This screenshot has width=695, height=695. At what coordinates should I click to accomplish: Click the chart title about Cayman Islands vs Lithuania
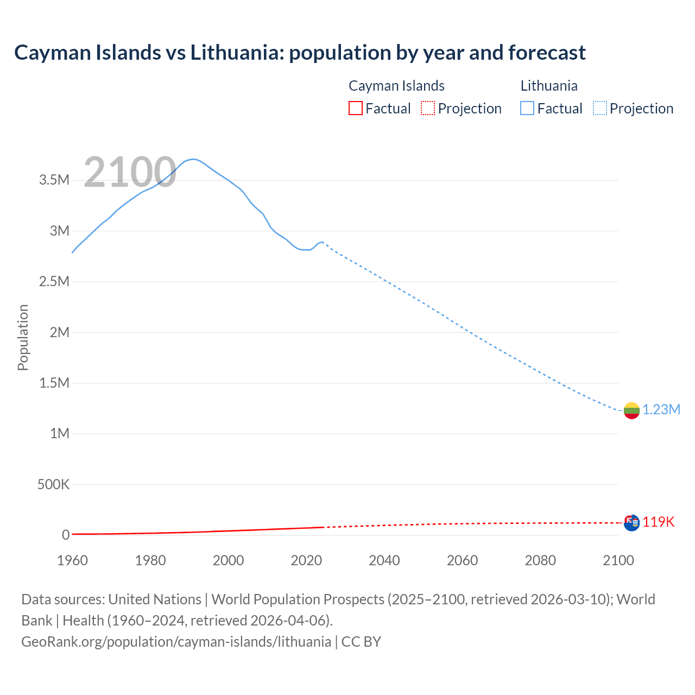pos(300,53)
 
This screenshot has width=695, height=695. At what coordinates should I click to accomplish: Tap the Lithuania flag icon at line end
pos(631,410)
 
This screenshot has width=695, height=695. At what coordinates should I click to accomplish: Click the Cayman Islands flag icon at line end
pos(631,523)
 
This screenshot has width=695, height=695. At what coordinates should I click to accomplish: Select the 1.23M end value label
pos(661,410)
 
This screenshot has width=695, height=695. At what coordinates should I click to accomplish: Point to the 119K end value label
pos(659,522)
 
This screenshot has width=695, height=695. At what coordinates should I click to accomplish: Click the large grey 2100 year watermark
pos(130,173)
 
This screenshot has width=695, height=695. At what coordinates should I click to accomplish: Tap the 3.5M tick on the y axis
pos(54,180)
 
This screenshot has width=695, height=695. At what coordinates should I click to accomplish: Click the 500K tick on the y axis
pos(53,484)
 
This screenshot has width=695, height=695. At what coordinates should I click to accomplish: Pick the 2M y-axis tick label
pos(59,332)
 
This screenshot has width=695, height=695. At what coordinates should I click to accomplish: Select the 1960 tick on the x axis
pos(72,560)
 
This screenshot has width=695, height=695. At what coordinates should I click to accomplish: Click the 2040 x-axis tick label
pos(384,560)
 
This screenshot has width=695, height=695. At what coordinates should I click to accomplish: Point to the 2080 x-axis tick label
pos(540,560)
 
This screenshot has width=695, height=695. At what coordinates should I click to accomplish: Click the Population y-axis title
pos(23,337)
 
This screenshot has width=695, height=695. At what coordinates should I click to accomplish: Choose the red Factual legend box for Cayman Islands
pos(355,109)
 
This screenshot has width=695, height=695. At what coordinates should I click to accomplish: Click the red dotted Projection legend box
pos(428,109)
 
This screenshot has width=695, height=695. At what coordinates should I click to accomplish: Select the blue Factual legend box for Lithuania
pos(527,109)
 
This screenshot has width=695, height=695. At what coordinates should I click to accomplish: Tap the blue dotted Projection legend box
pos(599,109)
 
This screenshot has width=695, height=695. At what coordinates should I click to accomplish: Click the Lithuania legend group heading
pos(549,86)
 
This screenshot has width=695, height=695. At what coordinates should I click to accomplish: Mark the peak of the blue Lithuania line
pos(193,159)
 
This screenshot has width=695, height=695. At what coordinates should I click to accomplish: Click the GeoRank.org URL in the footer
pos(176,642)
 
